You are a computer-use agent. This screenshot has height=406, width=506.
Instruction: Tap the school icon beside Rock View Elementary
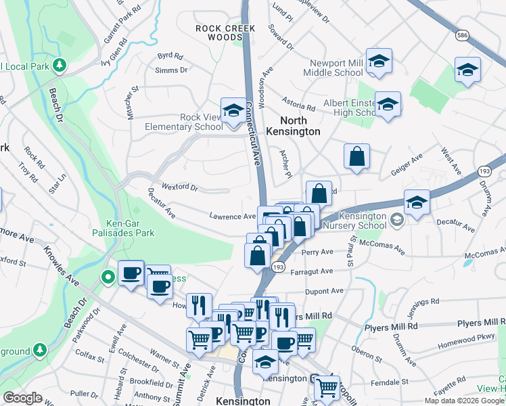[x=233, y=110]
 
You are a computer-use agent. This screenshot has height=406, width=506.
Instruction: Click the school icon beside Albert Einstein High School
[x=388, y=104]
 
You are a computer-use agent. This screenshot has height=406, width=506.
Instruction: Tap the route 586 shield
[x=462, y=35]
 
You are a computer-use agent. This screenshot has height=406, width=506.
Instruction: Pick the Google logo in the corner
[x=22, y=398]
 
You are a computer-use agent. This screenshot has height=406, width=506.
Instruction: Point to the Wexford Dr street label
[x=180, y=187]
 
